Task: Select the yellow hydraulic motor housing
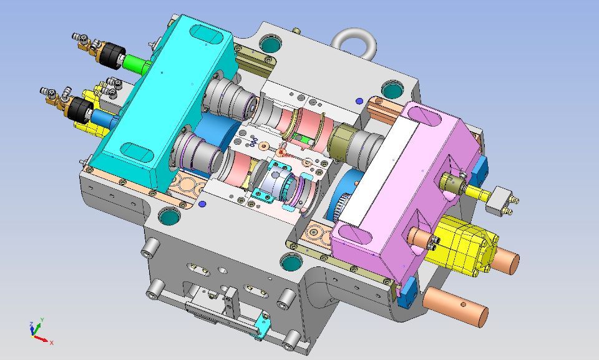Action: pyautogui.click(x=462, y=244)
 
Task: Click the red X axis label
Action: pyautogui.click(x=52, y=343)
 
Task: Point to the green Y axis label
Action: pyautogui.click(x=42, y=319)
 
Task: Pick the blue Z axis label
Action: pyautogui.click(x=31, y=324)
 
